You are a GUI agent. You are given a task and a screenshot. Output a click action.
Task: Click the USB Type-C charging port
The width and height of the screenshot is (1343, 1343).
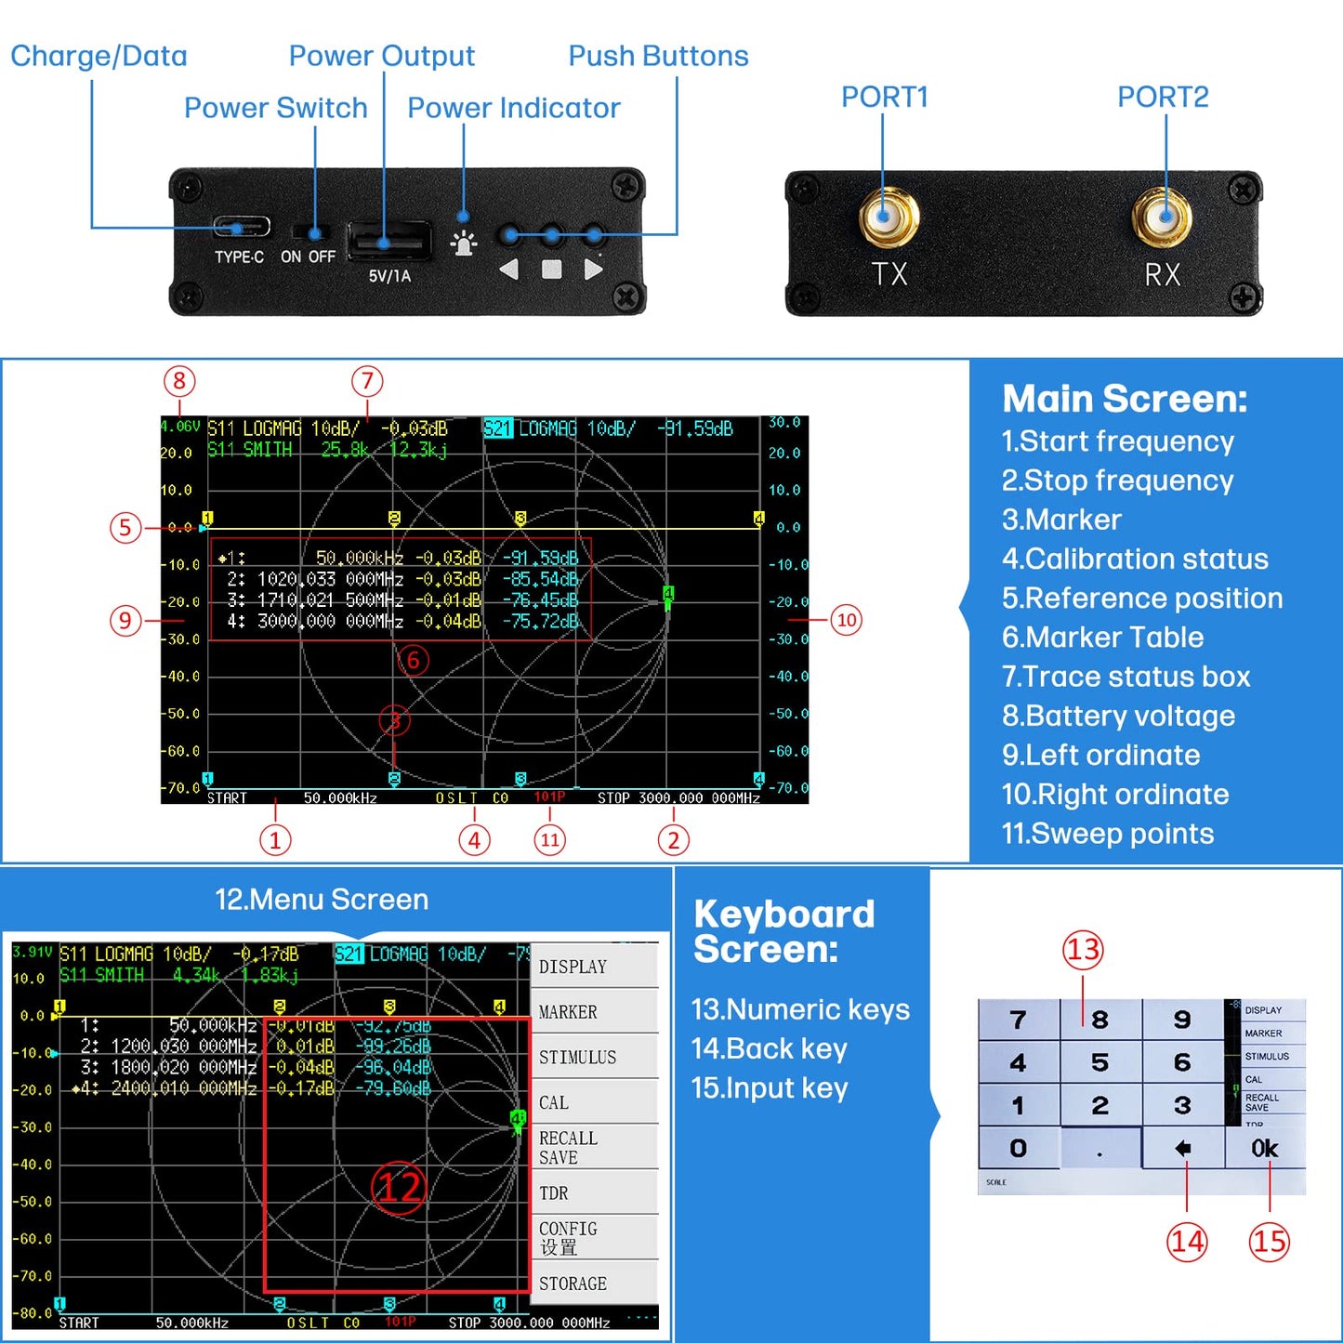coord(242,227)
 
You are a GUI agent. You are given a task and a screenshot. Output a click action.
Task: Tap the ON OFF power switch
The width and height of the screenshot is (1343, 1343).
coord(308,232)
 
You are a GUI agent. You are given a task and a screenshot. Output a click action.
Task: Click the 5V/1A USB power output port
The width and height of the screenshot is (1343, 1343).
coord(388,242)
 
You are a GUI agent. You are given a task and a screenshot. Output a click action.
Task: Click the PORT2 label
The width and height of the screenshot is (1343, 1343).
coord(1162,97)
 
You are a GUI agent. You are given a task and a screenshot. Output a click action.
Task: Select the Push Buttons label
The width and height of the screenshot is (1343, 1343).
coord(658,56)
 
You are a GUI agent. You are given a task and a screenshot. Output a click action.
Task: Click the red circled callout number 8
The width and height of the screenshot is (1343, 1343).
coord(179,381)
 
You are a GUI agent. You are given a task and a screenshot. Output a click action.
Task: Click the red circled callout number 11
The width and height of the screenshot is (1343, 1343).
coord(549,840)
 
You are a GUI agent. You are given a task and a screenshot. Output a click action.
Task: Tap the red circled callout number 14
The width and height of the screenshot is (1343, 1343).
coord(1187,1242)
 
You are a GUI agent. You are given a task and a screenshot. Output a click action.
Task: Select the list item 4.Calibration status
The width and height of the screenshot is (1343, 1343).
coord(1134,559)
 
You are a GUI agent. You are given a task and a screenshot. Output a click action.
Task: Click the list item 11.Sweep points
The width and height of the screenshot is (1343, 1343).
coord(1107,833)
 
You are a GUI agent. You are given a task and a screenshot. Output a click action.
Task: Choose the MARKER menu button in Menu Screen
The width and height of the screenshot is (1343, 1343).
coord(594,1012)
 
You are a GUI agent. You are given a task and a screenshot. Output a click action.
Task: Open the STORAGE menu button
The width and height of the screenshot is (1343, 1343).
coord(594,1284)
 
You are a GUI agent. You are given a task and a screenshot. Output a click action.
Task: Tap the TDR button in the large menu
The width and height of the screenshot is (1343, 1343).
coord(594,1193)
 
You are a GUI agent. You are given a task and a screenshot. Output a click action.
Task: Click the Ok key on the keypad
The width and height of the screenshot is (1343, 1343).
coord(1264,1149)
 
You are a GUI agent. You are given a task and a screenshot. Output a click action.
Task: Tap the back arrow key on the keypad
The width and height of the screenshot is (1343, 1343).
coord(1182,1149)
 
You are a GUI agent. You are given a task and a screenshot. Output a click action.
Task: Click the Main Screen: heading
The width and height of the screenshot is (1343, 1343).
coord(1124,399)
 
